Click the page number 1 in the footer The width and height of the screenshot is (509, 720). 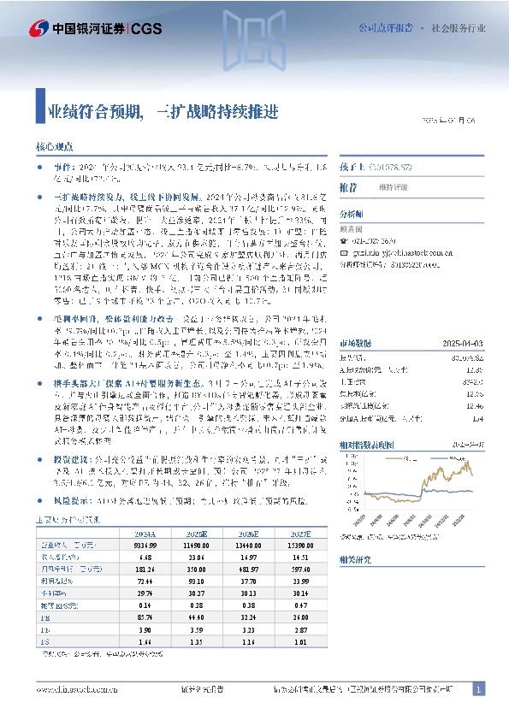(479, 688)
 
